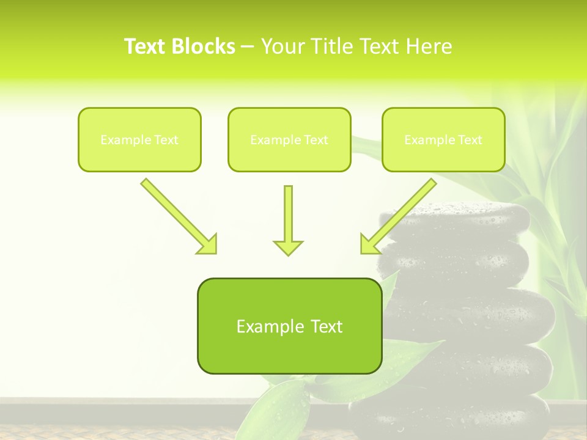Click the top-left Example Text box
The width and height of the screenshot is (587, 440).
tap(139, 139)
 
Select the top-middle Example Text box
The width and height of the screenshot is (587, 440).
tap(289, 139)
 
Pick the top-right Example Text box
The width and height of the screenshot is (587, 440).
tap(443, 139)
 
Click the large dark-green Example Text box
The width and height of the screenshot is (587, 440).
tap(289, 326)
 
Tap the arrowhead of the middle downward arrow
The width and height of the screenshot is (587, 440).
tap(288, 248)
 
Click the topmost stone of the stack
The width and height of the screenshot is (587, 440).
tap(456, 220)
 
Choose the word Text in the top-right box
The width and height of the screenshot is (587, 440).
tap(470, 140)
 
